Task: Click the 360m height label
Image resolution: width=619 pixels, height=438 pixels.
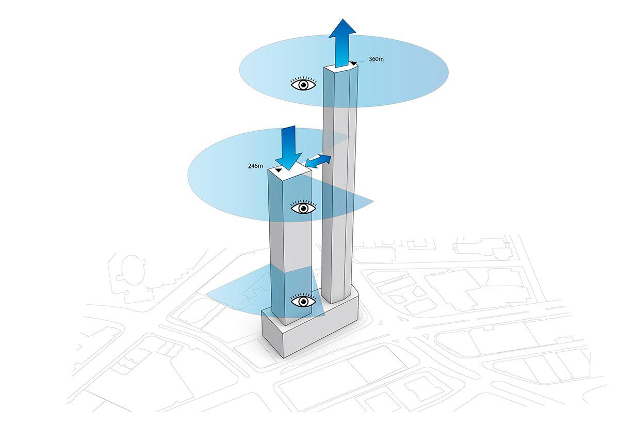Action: (377, 59)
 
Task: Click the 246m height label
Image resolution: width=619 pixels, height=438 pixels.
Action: (255, 166)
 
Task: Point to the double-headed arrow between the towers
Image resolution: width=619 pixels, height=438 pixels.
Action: (318, 161)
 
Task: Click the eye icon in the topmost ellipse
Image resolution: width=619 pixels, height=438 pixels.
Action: (303, 84)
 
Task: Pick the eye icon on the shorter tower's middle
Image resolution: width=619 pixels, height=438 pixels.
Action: (303, 208)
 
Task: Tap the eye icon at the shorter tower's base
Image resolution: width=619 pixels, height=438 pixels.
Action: (303, 301)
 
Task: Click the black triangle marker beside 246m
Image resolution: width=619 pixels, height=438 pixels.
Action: (278, 170)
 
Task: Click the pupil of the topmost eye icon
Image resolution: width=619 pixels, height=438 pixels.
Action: (303, 84)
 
